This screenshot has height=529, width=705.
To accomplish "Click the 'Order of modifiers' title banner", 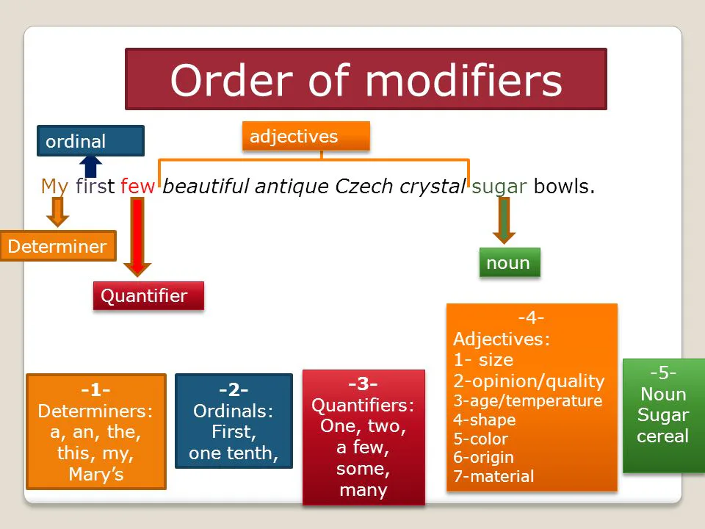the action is (x=366, y=79).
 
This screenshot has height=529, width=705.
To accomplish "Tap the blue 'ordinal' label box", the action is (x=90, y=141).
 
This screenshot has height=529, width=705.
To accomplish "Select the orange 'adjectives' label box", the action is (x=305, y=136).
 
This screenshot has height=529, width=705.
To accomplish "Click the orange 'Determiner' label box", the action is (x=58, y=245).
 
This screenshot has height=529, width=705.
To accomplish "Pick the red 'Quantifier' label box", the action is (x=148, y=295).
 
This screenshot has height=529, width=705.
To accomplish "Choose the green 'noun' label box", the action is (x=510, y=262).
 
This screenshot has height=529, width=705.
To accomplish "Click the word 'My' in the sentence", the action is (x=54, y=186).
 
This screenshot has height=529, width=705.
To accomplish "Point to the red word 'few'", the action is (x=137, y=186).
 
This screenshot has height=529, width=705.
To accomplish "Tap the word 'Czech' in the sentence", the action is (x=364, y=186).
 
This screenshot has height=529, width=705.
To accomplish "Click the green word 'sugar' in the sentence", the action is (x=499, y=187).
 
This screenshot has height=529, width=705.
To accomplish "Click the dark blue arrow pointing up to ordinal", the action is (x=90, y=167).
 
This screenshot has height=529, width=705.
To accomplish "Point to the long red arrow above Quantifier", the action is (x=137, y=237).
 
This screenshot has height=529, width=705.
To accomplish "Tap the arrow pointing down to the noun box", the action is (x=504, y=220).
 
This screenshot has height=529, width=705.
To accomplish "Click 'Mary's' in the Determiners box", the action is (x=96, y=474).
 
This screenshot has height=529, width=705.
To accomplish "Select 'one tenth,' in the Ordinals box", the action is (x=234, y=453).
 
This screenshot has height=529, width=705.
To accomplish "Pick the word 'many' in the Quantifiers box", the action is (x=364, y=490).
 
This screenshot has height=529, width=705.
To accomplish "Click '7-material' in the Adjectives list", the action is (x=493, y=476).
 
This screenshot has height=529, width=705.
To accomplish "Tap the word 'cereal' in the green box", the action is (x=662, y=436).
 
